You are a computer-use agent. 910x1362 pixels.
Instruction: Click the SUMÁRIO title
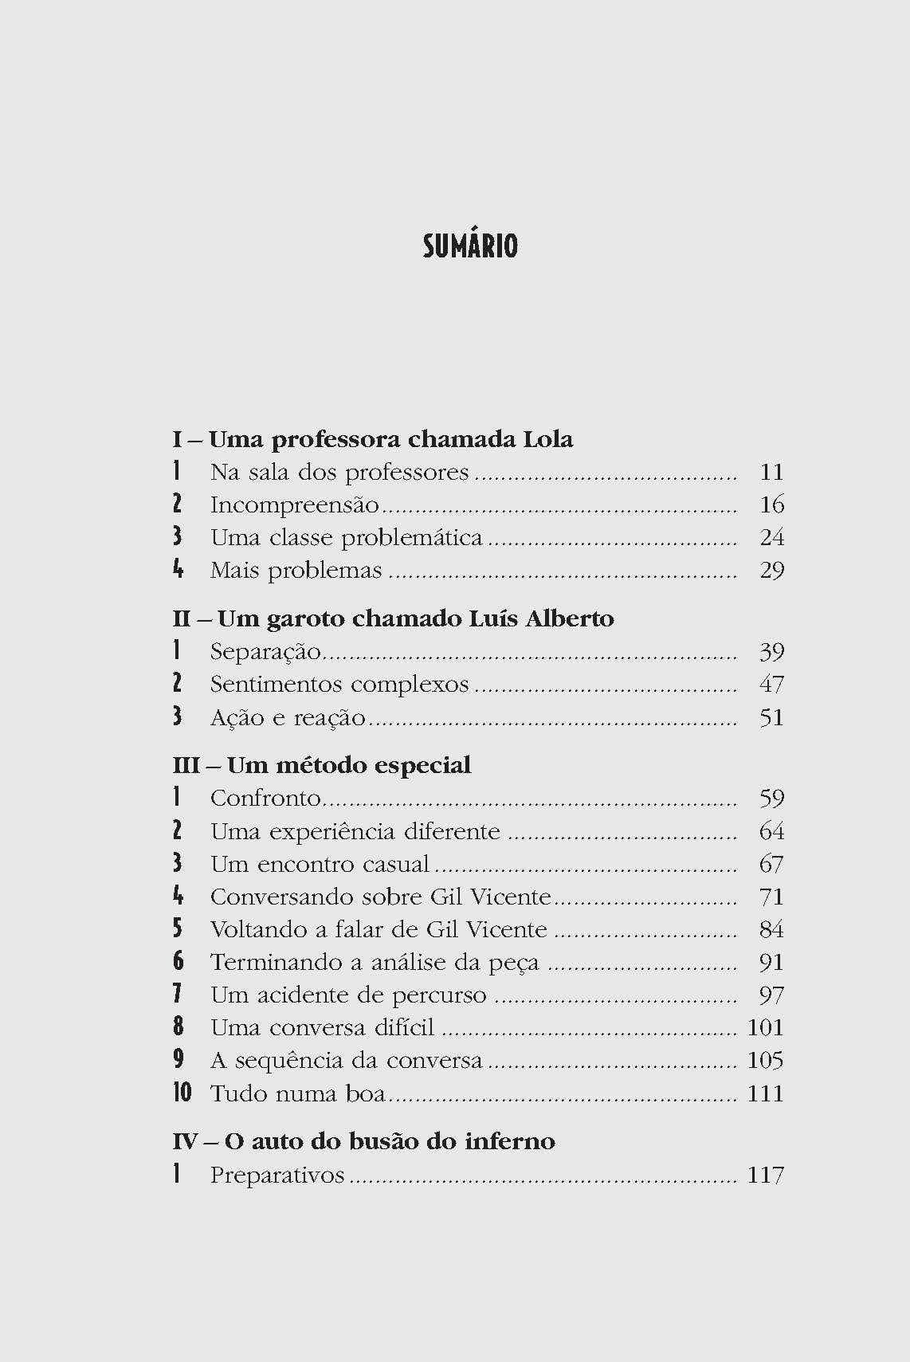click(x=470, y=246)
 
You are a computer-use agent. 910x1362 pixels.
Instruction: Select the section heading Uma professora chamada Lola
click(x=390, y=439)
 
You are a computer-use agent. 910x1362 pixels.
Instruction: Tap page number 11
click(x=771, y=472)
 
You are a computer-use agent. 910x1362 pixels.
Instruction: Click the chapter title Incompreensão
click(x=294, y=505)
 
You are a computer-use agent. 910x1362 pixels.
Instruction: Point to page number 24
click(x=771, y=538)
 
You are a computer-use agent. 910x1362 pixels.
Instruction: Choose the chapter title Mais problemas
click(x=296, y=571)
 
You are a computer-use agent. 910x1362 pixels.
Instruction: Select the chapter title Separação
click(x=265, y=652)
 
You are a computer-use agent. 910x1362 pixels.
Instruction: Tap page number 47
click(x=771, y=685)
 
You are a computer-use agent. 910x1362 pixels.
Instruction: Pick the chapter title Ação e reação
click(x=288, y=717)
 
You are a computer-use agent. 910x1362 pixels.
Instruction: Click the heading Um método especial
click(x=348, y=765)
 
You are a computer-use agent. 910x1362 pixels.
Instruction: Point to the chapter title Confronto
click(x=265, y=799)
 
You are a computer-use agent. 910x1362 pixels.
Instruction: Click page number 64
click(x=771, y=831)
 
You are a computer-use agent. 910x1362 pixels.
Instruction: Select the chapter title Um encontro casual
click(x=320, y=864)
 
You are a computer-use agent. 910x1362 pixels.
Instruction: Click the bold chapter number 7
click(x=178, y=995)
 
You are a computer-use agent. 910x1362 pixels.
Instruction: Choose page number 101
click(x=765, y=1028)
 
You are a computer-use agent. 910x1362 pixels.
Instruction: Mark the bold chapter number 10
click(x=182, y=1093)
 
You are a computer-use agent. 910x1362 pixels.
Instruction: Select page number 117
click(x=765, y=1175)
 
